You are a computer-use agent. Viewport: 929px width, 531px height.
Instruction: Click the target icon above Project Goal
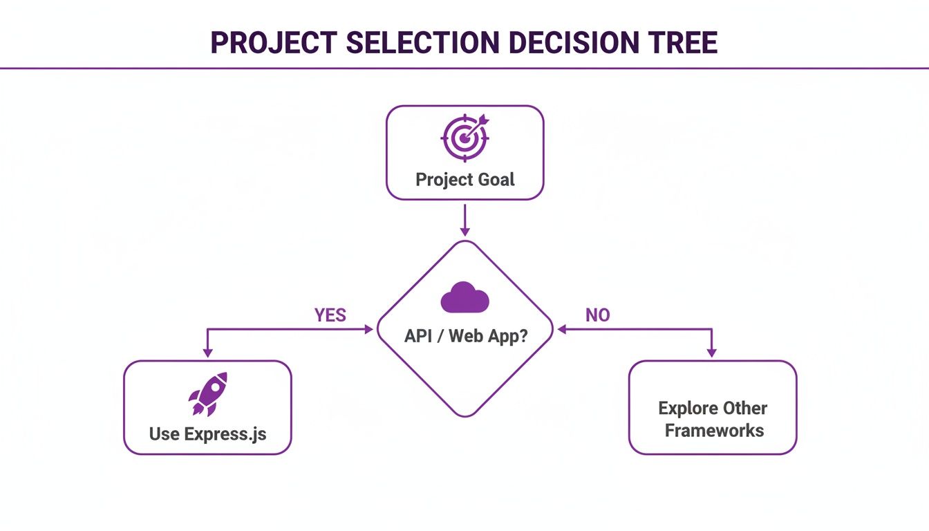tap(464, 136)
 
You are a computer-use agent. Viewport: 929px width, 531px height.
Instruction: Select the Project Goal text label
tap(465, 180)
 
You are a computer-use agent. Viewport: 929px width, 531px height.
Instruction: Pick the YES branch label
tap(330, 315)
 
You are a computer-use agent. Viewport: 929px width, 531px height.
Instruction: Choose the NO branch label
tap(598, 315)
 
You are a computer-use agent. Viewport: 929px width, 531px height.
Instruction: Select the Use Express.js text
tap(207, 434)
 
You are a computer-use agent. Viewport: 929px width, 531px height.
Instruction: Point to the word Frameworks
tap(714, 431)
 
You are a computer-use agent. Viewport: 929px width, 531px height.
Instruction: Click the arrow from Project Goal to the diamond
tap(465, 220)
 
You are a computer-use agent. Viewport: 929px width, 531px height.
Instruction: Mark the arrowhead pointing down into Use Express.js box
tap(207, 353)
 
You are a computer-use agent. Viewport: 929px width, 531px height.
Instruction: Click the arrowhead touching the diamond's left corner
tap(368, 330)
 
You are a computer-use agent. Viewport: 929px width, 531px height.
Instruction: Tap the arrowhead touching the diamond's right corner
tap(562, 330)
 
